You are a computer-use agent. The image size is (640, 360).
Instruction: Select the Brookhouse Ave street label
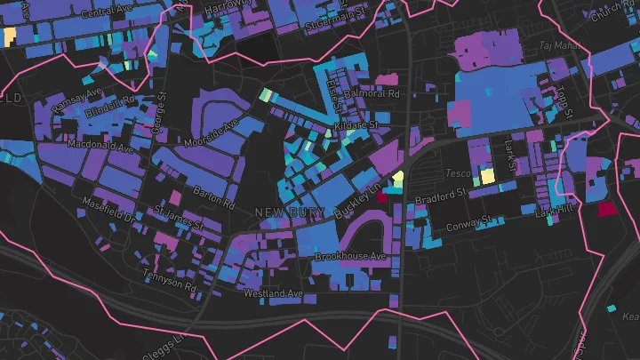[x=350, y=257]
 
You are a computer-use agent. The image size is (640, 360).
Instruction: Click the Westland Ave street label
[x=275, y=293]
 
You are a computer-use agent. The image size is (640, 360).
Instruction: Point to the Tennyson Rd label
[x=169, y=279]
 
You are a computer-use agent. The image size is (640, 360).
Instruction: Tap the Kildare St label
[x=356, y=127]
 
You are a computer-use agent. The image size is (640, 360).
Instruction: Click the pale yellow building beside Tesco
[x=488, y=175]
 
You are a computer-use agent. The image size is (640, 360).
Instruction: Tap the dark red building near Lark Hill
[x=606, y=209]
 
